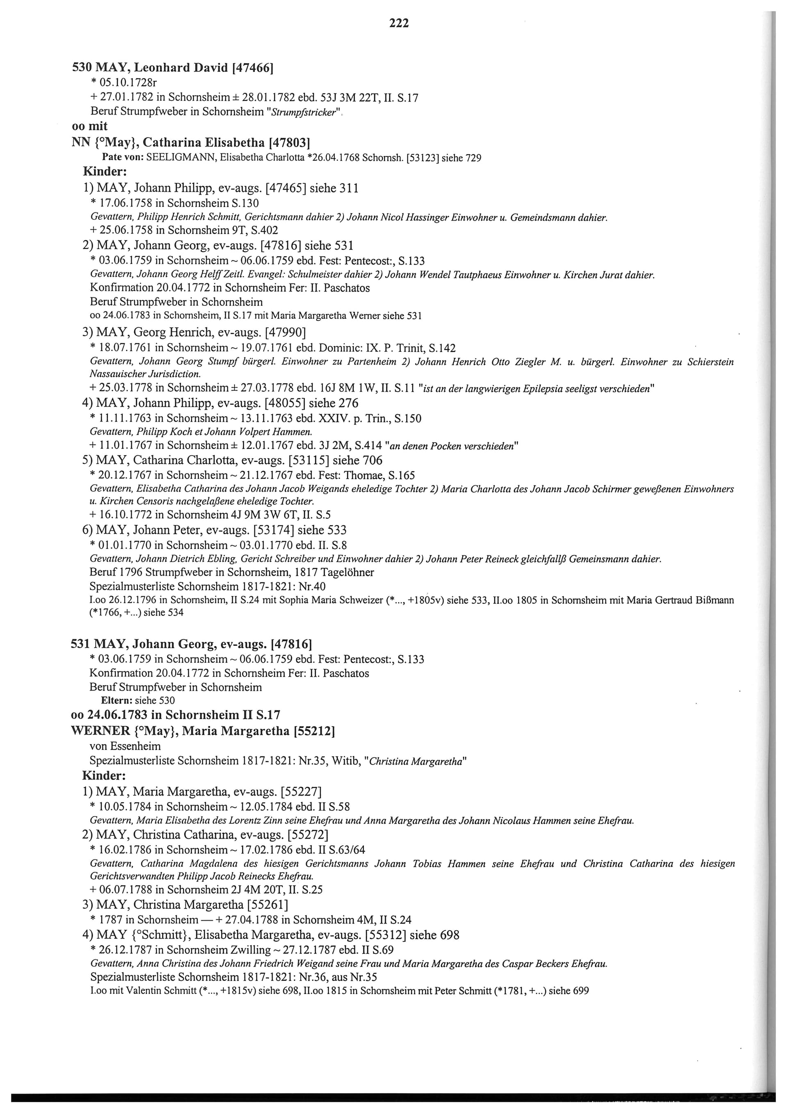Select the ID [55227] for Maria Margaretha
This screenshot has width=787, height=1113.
click(x=301, y=791)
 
